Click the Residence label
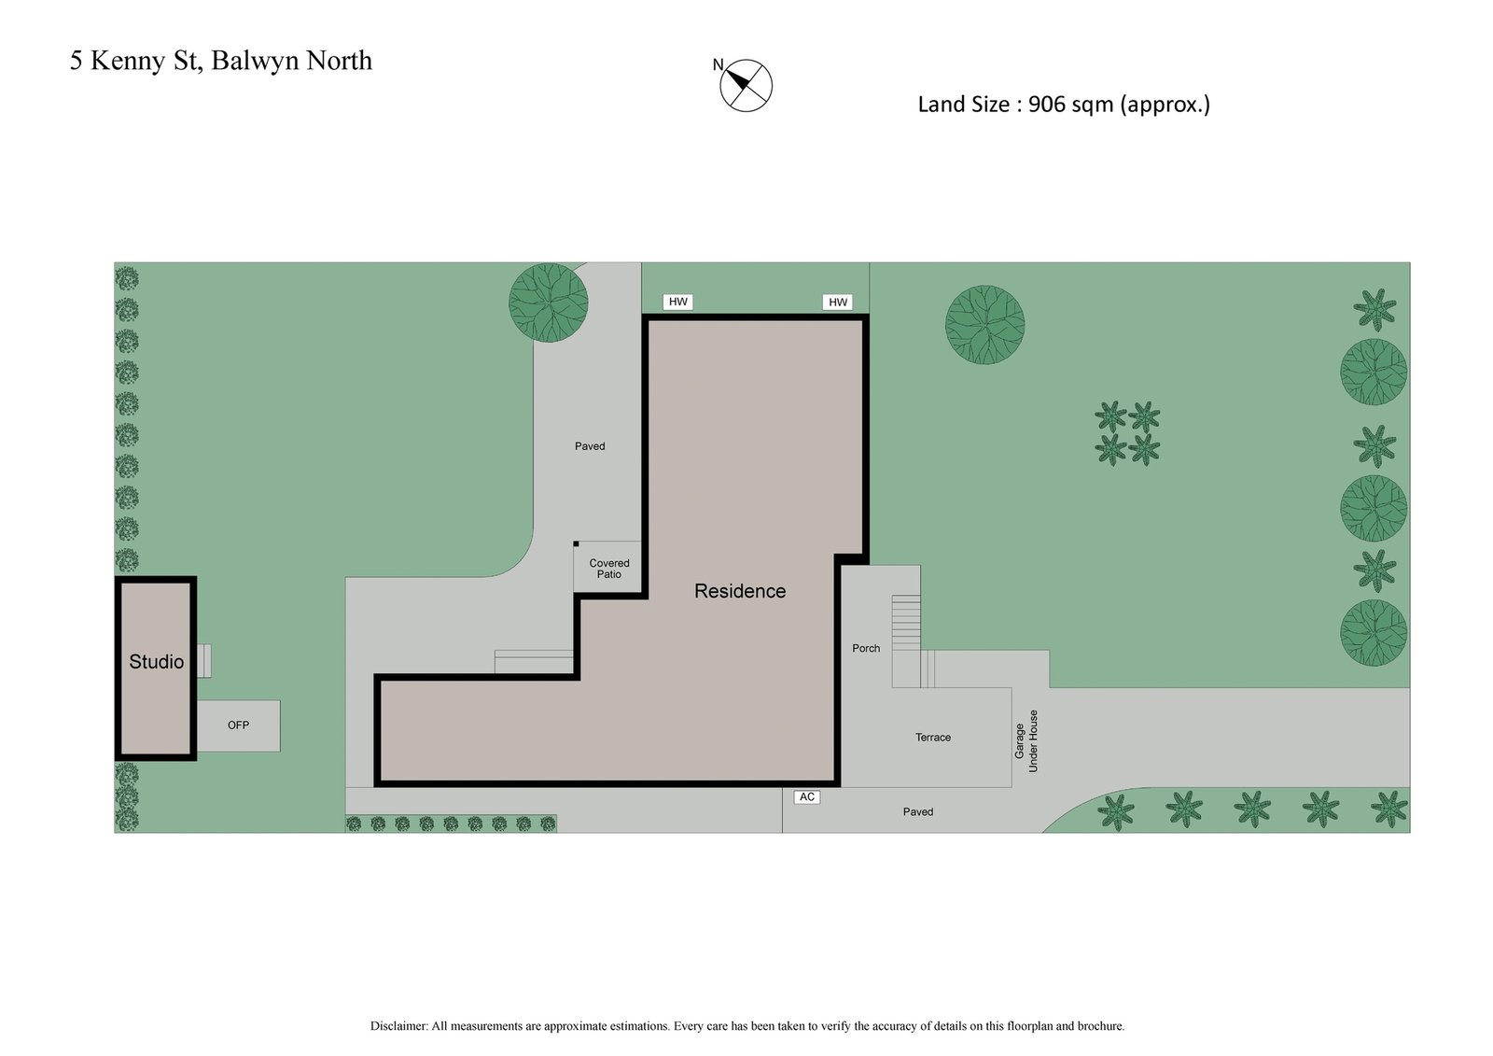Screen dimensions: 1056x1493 [740, 591]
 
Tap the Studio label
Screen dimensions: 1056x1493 [156, 662]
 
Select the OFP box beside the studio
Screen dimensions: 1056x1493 [238, 725]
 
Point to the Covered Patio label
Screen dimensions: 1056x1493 [609, 569]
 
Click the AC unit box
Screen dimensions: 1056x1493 [807, 796]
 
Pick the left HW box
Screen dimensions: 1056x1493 [678, 302]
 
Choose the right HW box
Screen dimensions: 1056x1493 [838, 302]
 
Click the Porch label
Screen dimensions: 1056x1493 [866, 648]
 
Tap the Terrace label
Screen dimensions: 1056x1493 [933, 738]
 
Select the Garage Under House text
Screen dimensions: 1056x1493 [1026, 741]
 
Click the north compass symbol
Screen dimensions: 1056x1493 [746, 86]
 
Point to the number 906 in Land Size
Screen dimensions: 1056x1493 [1047, 105]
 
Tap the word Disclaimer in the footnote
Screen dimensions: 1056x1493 [398, 1026]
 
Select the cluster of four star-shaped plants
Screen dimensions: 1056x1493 [1127, 433]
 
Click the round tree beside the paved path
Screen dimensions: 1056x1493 [549, 303]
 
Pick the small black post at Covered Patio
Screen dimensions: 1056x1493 [576, 543]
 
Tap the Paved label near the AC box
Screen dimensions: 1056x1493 [918, 812]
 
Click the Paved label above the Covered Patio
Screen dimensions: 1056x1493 [590, 446]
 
